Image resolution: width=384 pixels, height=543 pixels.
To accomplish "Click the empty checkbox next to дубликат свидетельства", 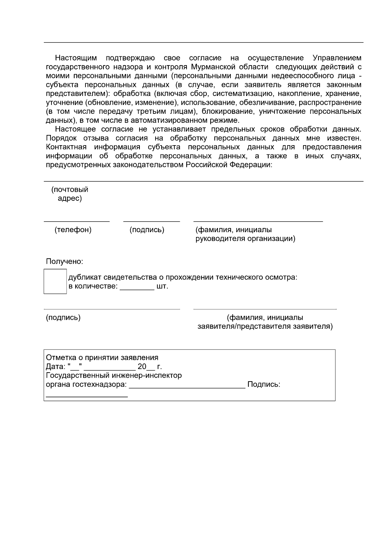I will click(55, 281).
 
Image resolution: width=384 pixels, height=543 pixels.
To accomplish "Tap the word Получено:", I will click(64, 262).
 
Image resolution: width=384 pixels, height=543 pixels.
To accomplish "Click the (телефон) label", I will click(73, 230).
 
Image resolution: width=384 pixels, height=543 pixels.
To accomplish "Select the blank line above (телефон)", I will click(76, 221).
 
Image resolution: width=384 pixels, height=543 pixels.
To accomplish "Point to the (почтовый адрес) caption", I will click(70, 194).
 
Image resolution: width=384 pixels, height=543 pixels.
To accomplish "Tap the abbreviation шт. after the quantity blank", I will click(162, 286).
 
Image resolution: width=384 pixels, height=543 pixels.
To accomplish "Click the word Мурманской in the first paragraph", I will click(212, 67).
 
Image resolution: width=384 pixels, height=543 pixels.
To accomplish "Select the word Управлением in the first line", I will click(337, 58).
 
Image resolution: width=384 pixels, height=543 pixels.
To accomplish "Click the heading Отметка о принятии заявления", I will click(102, 358).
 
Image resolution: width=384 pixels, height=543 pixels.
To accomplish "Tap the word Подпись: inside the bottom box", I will click(264, 384).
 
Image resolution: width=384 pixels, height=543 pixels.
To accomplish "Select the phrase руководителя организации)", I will click(245, 239).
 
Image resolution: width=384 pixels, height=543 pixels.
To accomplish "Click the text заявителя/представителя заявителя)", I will click(265, 327).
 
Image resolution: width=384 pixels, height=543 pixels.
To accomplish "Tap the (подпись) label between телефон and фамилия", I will click(147, 230).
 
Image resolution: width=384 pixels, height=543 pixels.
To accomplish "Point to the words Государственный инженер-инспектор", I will click(114, 375).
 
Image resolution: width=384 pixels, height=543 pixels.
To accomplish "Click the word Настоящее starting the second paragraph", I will click(76, 129).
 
